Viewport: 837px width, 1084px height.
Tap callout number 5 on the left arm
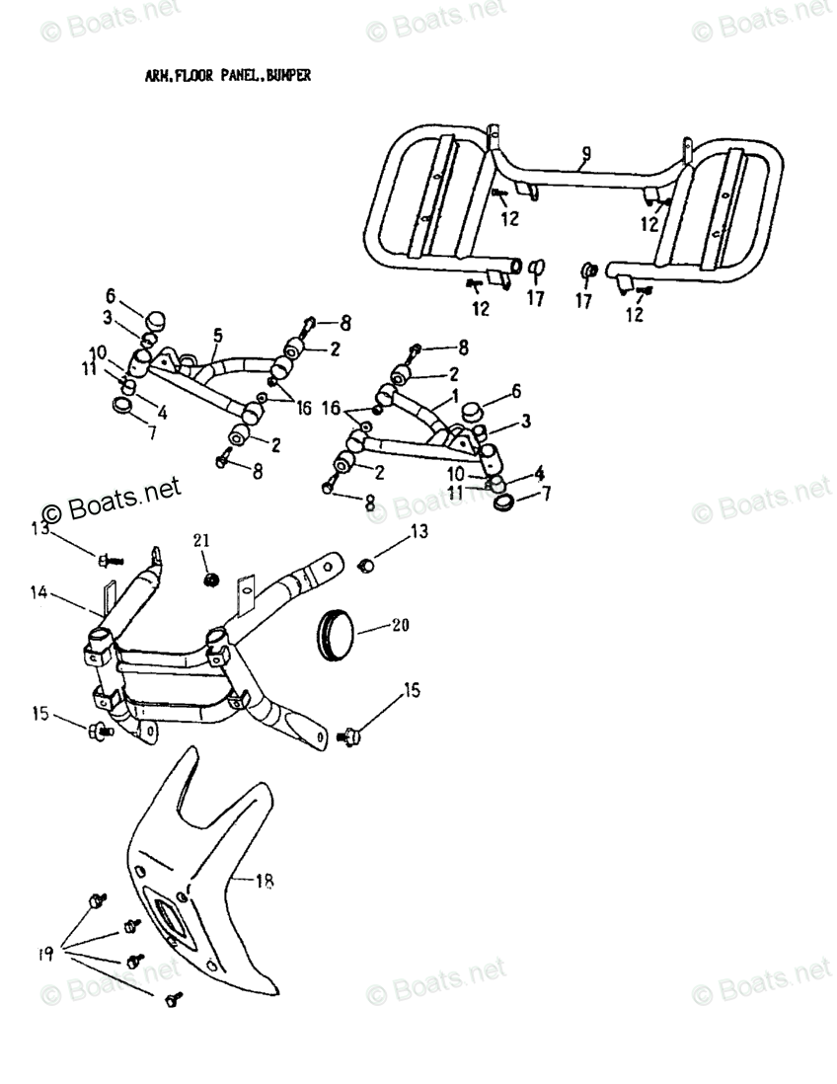click(215, 336)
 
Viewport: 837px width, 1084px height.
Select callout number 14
click(38, 593)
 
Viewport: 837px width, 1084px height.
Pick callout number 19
click(45, 954)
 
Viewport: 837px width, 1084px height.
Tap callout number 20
click(400, 625)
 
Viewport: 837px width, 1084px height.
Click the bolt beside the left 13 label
click(107, 561)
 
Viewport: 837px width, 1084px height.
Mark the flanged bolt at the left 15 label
click(99, 731)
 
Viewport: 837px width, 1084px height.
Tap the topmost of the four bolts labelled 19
click(97, 900)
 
